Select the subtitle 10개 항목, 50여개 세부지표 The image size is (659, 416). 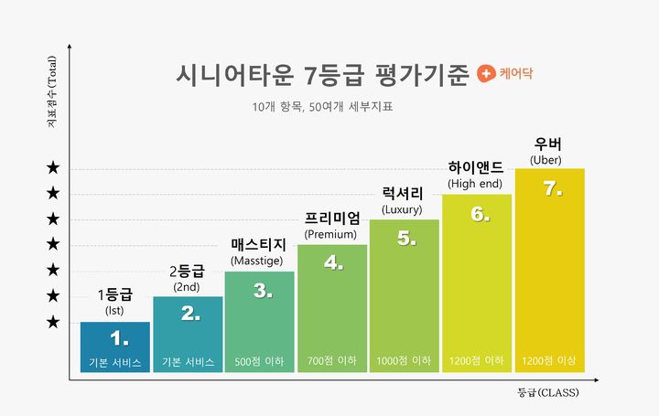click(329, 107)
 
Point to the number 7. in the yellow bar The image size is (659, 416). click(552, 188)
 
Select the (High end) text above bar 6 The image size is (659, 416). click(475, 184)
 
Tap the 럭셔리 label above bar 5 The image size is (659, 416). click(403, 193)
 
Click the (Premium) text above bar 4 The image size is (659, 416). click(330, 234)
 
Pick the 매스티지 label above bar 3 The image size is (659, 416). click(259, 245)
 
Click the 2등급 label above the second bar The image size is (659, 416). click(187, 271)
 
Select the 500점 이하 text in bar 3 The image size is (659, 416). click(259, 362)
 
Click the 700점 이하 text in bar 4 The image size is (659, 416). click(331, 362)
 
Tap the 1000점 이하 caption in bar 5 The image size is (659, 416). click(404, 362)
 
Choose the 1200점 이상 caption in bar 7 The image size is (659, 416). click(548, 362)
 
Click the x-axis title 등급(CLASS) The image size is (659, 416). click(548, 392)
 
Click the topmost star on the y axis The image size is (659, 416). click(54, 168)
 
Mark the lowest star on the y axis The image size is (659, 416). click(54, 322)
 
